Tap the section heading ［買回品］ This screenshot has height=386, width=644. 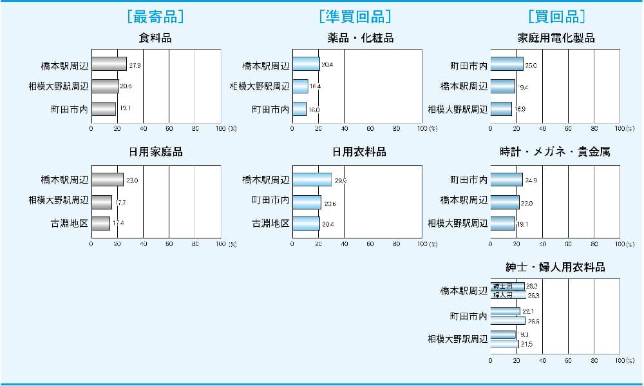[x=556, y=17]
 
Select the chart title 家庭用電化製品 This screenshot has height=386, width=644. [x=556, y=38]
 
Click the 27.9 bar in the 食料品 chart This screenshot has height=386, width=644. [x=109, y=64]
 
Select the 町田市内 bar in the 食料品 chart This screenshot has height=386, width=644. [x=104, y=109]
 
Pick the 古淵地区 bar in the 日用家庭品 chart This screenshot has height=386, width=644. [x=100, y=224]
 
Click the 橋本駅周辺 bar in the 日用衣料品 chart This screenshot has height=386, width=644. [x=312, y=180]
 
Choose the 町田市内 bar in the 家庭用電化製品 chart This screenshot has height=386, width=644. [x=507, y=64]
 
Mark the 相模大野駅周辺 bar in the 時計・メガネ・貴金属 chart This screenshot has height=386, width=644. [x=502, y=224]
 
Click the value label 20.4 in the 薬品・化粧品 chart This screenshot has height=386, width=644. [x=327, y=65]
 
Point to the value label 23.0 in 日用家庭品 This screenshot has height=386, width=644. [x=132, y=180]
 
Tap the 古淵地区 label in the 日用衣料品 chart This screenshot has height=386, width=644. [x=270, y=224]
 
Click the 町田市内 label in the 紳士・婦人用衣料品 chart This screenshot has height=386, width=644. [x=468, y=316]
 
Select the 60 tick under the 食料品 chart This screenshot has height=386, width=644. [x=169, y=129]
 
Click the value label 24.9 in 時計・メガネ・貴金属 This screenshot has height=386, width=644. [x=531, y=180]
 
